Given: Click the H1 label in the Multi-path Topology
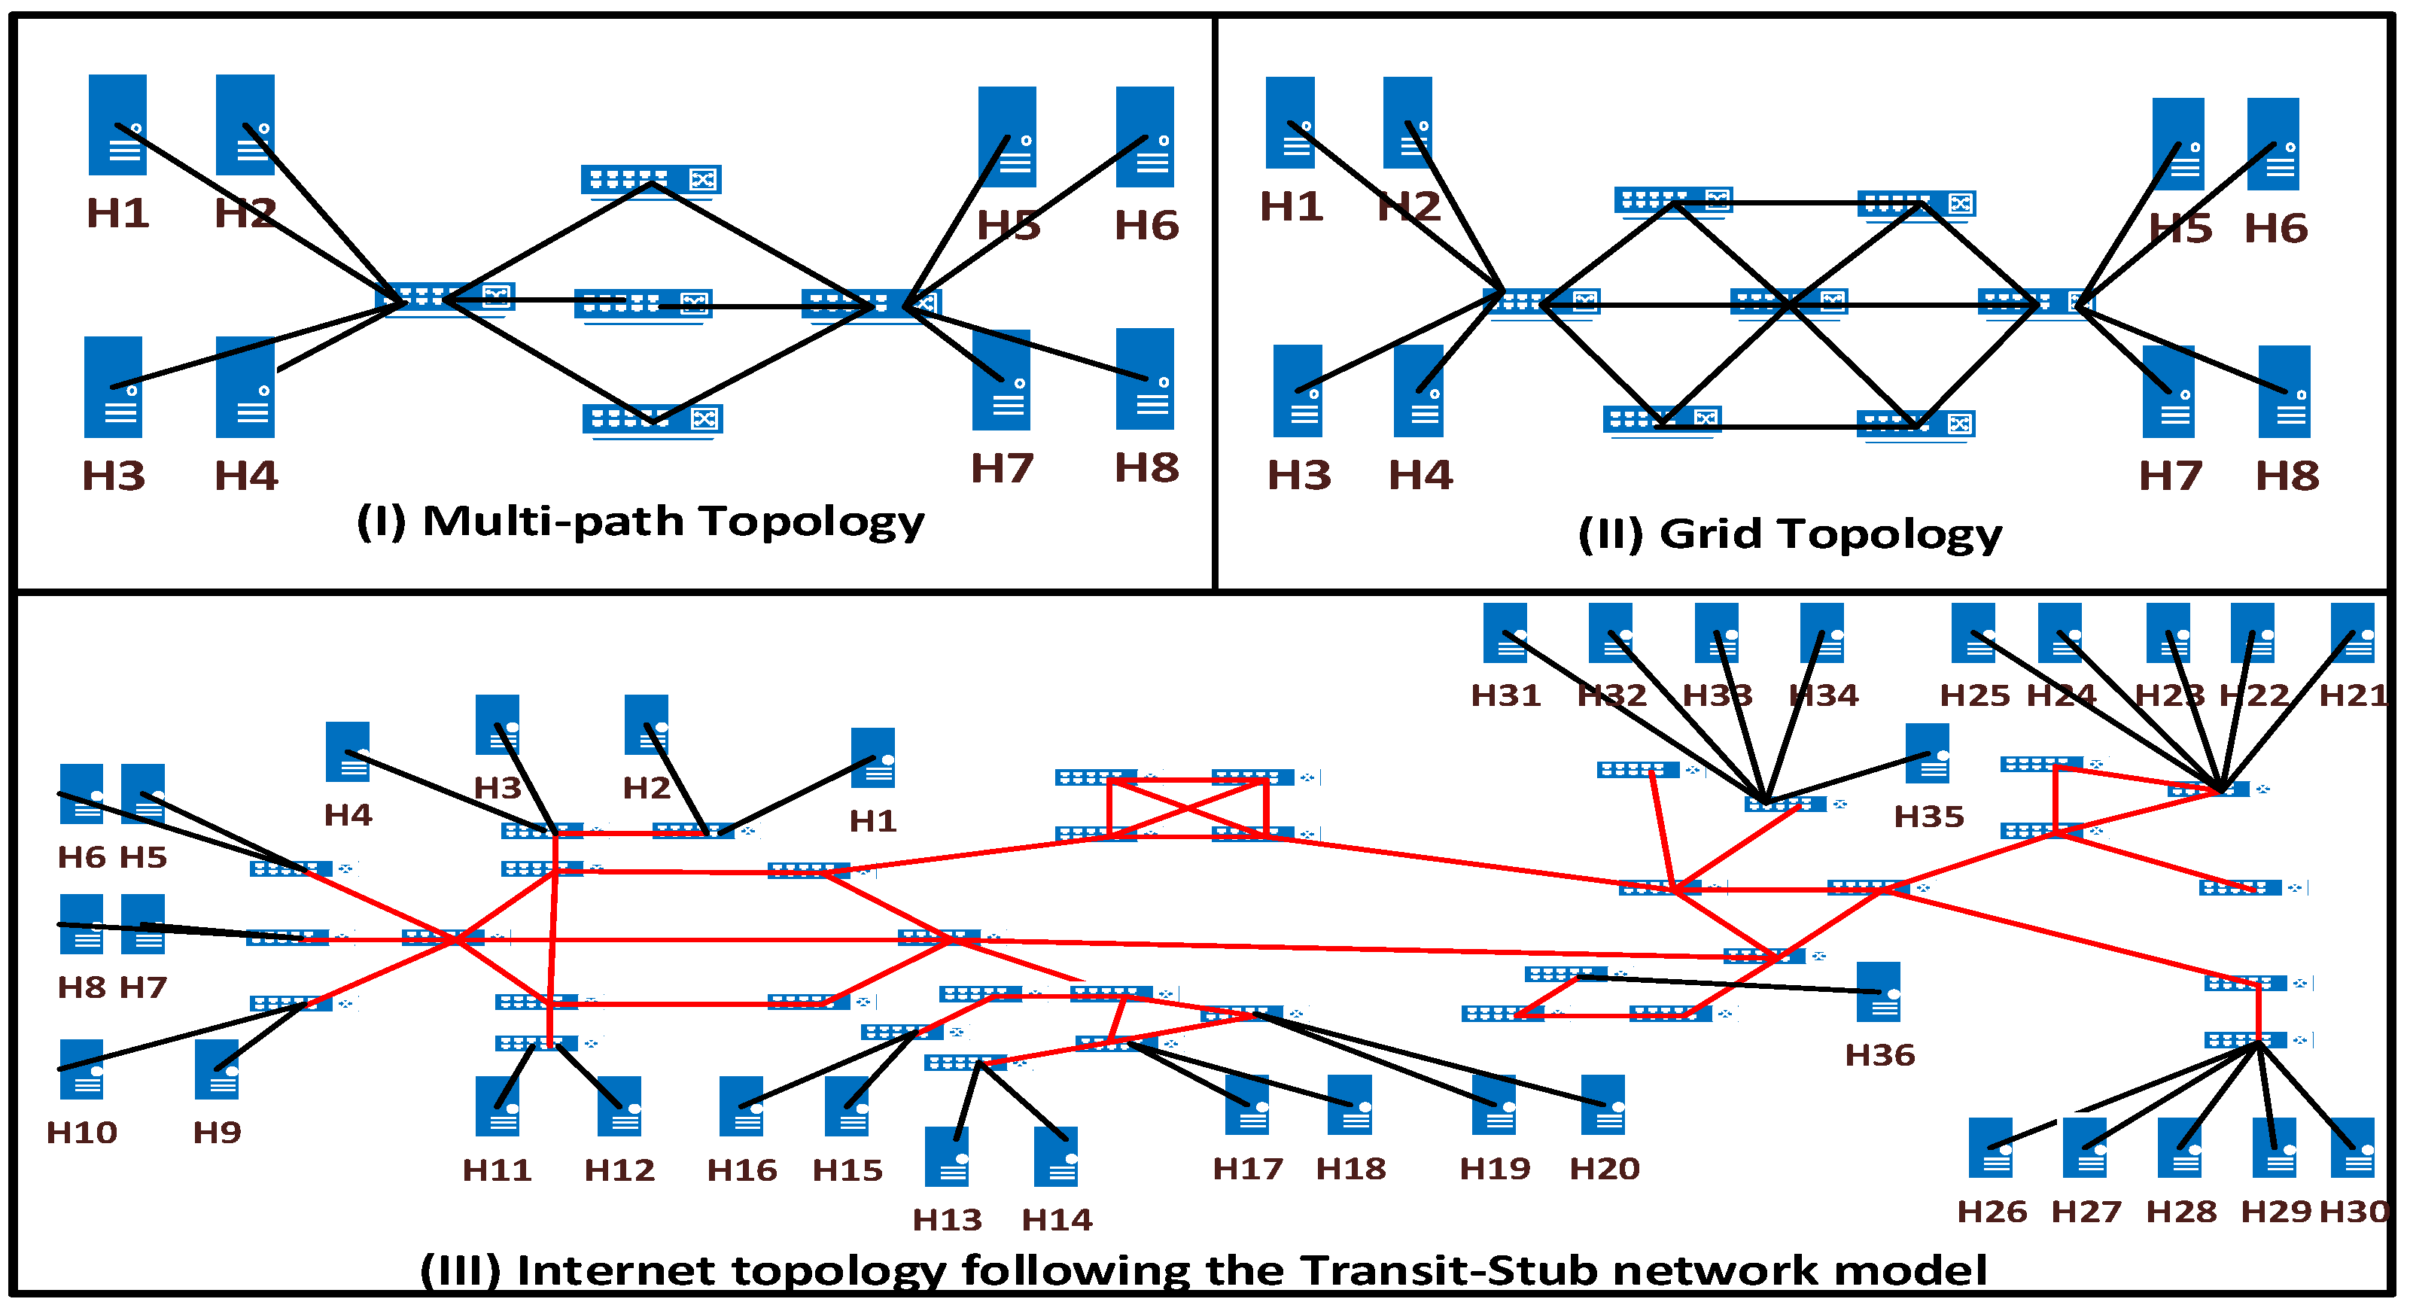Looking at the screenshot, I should coord(118,213).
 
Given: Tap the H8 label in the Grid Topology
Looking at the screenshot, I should coord(2287,476).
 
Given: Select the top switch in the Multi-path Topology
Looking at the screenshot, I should coord(651,180).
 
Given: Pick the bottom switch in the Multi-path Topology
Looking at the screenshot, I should coord(652,419).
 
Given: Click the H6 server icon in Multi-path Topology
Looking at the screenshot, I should coord(1145,137).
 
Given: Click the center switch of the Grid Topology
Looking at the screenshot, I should coord(1788,303).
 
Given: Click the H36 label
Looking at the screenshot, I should coord(1879,1055).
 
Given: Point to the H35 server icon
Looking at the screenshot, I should coord(1928,753).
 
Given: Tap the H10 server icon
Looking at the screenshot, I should coord(81,1069).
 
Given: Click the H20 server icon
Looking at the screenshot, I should coord(1602,1104).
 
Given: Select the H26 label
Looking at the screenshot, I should coord(1992,1212).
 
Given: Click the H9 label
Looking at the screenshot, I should coord(217,1133).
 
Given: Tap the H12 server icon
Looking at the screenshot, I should coord(619,1105).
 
